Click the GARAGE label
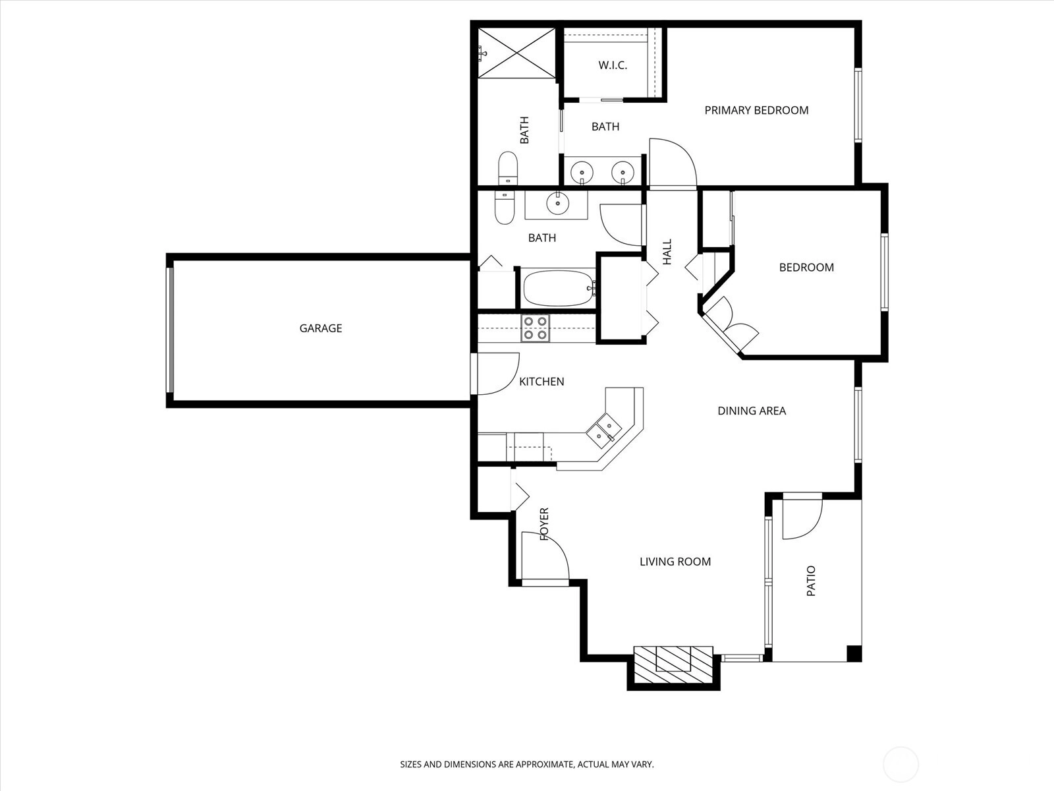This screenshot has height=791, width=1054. coord(321,328)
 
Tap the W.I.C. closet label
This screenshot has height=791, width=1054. coord(613,65)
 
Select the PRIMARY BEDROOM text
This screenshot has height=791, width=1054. coord(756,111)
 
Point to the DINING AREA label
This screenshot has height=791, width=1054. coord(752,411)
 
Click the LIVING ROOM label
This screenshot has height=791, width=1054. coord(675,562)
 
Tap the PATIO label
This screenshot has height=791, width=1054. coord(811,581)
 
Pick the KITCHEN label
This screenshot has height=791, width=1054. coord(541,382)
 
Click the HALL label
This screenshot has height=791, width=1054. coord(667,252)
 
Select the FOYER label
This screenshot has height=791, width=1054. coord(544,524)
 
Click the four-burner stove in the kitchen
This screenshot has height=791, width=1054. coord(536,328)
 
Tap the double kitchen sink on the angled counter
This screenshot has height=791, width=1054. coord(603,430)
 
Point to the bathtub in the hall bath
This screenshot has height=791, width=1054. coord(559,288)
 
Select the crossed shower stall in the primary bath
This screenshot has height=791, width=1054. coord(516,53)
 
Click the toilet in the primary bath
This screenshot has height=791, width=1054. coord(507,168)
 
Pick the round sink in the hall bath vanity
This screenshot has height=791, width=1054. coord(557,204)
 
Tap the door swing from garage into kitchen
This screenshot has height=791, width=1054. coord(498,374)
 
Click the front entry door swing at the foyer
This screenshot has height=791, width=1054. coord(545,556)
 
